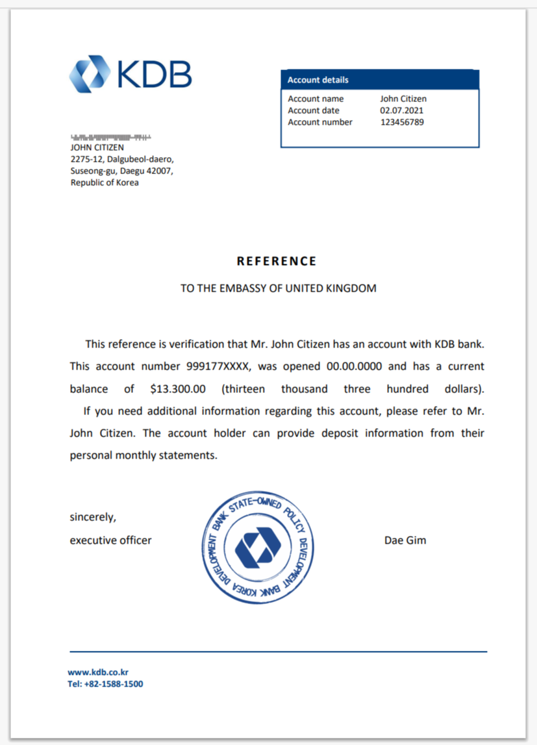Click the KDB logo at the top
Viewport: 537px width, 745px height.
coord(131,73)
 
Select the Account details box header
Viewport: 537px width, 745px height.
coord(380,80)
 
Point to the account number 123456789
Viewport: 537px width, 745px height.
coord(402,122)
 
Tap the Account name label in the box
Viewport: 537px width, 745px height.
coord(316,99)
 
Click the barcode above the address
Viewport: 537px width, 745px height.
coord(110,138)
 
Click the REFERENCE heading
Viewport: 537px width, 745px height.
coord(277,261)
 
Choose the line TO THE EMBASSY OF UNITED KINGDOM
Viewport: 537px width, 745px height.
coord(278,288)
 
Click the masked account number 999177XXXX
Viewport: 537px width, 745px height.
coord(218,366)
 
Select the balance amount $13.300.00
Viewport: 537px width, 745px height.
coord(178,389)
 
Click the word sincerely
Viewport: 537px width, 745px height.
coord(93,518)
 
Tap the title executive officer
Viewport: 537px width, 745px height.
coord(110,540)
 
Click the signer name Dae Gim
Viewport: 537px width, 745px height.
coord(405,540)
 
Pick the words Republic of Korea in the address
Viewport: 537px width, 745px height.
coord(105,183)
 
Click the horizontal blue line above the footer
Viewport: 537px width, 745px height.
coord(278,651)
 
